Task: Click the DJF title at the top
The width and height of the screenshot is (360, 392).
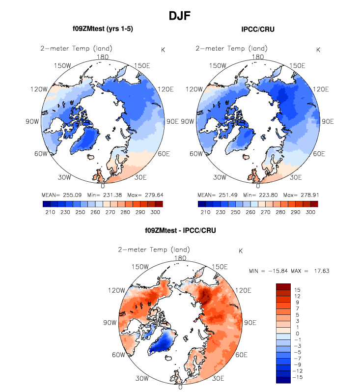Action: coord(180,16)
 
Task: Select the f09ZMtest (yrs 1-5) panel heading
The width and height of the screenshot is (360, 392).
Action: coord(102,29)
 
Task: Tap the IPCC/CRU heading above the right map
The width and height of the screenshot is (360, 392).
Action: coord(258,29)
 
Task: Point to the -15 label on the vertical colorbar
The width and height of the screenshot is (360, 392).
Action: coord(299,377)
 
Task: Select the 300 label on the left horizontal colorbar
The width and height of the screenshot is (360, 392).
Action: coord(155,212)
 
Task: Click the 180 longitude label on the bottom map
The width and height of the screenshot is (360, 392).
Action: coord(180,258)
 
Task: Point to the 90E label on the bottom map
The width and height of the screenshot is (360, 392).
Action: coord(250,323)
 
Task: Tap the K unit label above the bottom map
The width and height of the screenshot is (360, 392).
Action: coord(241,251)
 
